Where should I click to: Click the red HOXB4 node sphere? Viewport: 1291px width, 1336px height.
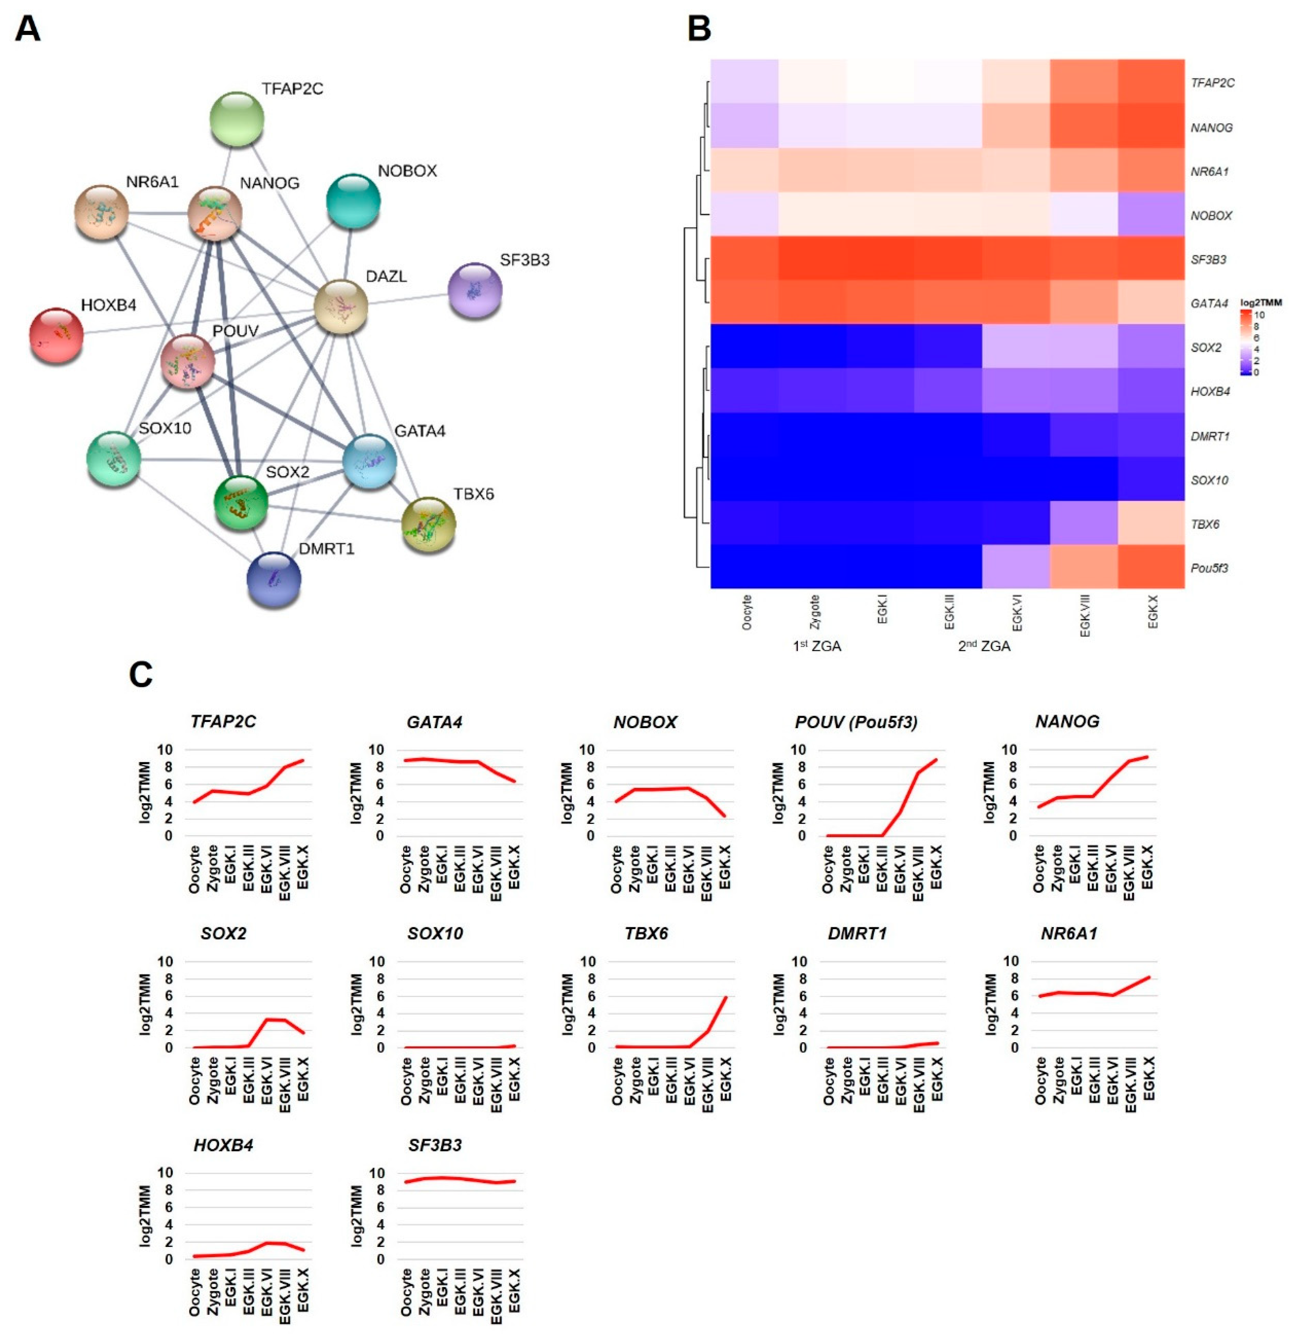56,335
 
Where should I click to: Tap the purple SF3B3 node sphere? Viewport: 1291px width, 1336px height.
475,290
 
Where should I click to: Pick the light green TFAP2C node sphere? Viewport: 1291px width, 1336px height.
236,119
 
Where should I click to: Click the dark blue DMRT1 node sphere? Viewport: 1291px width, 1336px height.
273,580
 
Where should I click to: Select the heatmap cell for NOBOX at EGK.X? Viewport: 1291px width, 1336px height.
1151,215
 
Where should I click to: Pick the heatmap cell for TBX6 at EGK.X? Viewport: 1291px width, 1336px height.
1151,523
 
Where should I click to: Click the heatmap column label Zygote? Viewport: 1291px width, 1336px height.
814,612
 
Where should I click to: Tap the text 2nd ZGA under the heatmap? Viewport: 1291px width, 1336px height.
984,646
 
